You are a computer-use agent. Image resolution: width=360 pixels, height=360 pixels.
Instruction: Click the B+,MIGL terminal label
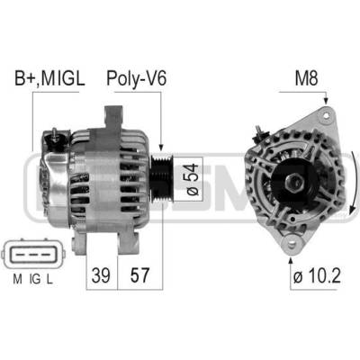click(49, 79)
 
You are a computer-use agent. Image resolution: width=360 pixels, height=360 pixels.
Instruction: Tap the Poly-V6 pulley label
click(136, 79)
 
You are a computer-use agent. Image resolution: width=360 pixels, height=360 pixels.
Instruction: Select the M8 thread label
click(306, 78)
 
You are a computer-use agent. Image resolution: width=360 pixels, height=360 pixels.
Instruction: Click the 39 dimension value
click(101, 275)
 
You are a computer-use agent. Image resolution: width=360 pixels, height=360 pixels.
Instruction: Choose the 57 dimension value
click(139, 275)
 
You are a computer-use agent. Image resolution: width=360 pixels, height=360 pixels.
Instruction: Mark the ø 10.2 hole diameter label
click(317, 275)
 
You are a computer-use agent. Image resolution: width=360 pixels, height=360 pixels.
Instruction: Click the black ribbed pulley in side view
click(161, 180)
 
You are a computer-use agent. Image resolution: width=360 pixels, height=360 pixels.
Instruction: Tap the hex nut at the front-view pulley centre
click(294, 182)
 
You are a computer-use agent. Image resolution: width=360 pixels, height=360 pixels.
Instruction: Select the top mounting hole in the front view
click(326, 114)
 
